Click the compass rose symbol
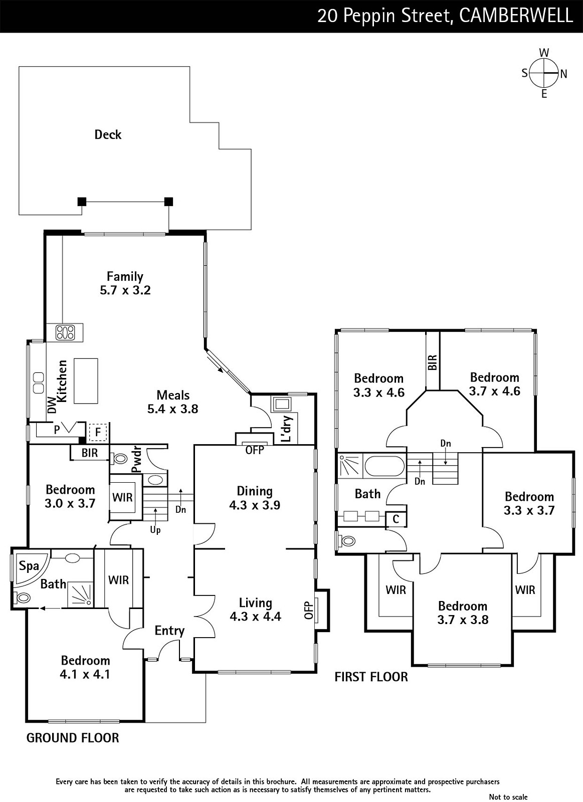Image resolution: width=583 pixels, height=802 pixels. (x=543, y=73)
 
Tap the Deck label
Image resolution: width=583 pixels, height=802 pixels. (x=108, y=135)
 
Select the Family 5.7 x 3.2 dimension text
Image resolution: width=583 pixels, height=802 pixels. (x=125, y=290)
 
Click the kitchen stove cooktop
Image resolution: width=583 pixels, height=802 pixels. (x=65, y=332)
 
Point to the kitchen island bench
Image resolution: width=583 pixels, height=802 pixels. (x=86, y=380)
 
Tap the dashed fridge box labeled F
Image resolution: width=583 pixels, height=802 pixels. (x=98, y=433)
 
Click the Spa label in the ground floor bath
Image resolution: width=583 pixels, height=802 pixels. (x=29, y=566)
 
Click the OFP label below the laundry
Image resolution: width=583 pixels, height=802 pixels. (x=255, y=450)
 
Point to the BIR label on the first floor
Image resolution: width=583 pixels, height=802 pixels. (x=432, y=362)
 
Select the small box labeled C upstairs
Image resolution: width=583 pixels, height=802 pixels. (x=396, y=519)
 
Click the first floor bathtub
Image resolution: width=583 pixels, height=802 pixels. (x=384, y=466)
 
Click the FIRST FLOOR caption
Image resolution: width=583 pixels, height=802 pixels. (x=371, y=677)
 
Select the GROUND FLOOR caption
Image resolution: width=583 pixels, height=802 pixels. (x=73, y=738)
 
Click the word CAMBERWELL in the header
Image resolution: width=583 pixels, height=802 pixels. (x=516, y=16)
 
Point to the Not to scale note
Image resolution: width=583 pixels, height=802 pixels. (x=508, y=796)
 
